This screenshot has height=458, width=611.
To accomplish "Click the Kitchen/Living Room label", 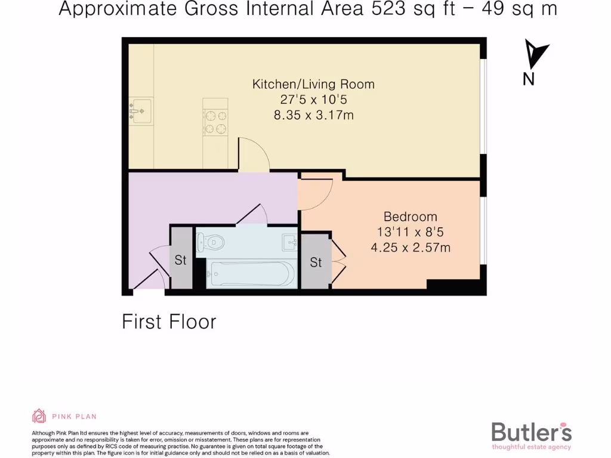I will (313, 84).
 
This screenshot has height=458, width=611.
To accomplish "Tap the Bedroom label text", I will (410, 216).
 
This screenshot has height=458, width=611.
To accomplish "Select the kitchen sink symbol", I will (141, 111).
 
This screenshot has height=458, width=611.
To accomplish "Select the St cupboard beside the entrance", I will (181, 260).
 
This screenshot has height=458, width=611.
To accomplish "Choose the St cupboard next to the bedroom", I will (316, 262).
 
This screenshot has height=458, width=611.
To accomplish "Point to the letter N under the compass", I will (528, 79).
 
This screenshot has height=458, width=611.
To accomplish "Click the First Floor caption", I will (169, 322).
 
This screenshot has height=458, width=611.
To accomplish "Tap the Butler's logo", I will (531, 432).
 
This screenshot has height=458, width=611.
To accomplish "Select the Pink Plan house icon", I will (39, 416).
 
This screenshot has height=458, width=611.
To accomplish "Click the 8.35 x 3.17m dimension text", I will (313, 115).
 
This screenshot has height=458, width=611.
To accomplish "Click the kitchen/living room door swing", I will (253, 154).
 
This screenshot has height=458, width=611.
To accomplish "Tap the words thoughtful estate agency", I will (531, 447).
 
